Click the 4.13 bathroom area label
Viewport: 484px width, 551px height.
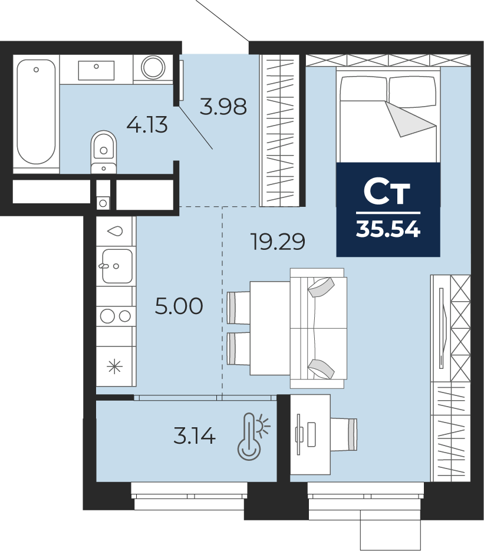[147, 125]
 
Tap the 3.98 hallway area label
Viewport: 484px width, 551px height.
[223, 107]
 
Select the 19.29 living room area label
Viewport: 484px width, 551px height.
[277, 242]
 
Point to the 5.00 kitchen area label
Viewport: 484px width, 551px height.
[179, 306]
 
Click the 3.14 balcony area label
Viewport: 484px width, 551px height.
[195, 437]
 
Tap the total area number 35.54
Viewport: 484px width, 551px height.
[388, 230]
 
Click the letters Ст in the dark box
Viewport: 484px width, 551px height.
[387, 192]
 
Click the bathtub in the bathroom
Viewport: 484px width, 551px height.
[36, 112]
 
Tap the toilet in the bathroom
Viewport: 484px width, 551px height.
[103, 152]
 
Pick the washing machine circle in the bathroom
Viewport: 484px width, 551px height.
[153, 67]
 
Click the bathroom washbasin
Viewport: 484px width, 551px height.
[96, 70]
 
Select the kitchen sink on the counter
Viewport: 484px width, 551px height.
[117, 266]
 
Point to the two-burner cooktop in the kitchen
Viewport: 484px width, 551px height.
[116, 316]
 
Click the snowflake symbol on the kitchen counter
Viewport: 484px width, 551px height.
[115, 367]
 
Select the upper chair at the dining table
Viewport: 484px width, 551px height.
[239, 308]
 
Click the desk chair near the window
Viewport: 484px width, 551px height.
[344, 434]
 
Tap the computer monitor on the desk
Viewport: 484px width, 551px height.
[299, 434]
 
